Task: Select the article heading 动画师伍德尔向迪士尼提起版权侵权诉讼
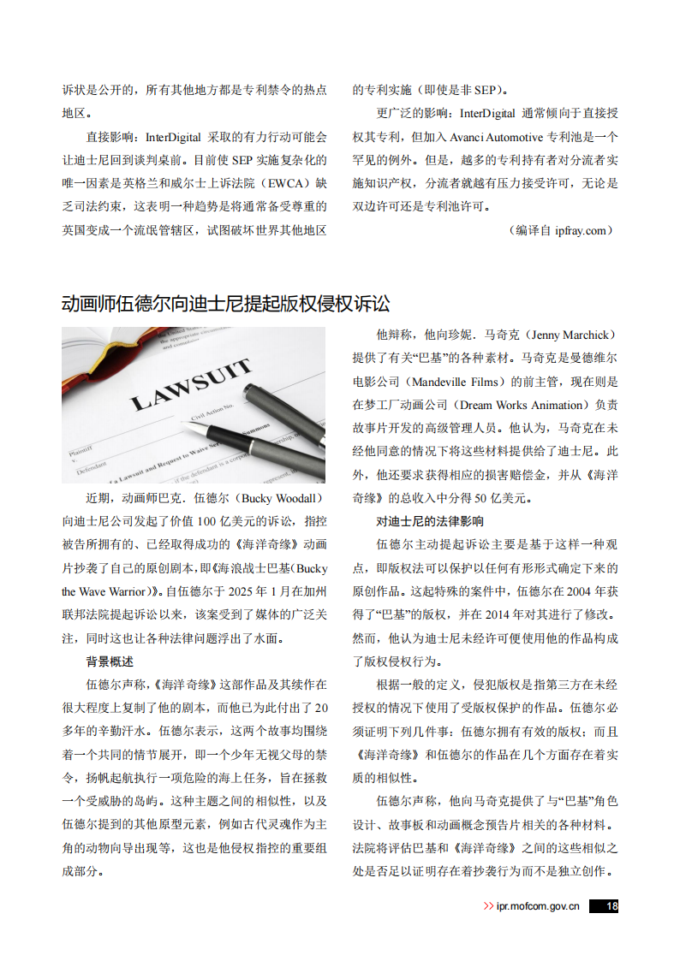coord(225,304)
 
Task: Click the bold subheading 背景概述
coord(110,661)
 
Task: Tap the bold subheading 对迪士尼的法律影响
coord(430,520)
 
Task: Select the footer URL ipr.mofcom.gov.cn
coord(538,906)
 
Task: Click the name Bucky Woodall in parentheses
coord(281,498)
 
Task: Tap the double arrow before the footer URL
coord(488,906)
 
